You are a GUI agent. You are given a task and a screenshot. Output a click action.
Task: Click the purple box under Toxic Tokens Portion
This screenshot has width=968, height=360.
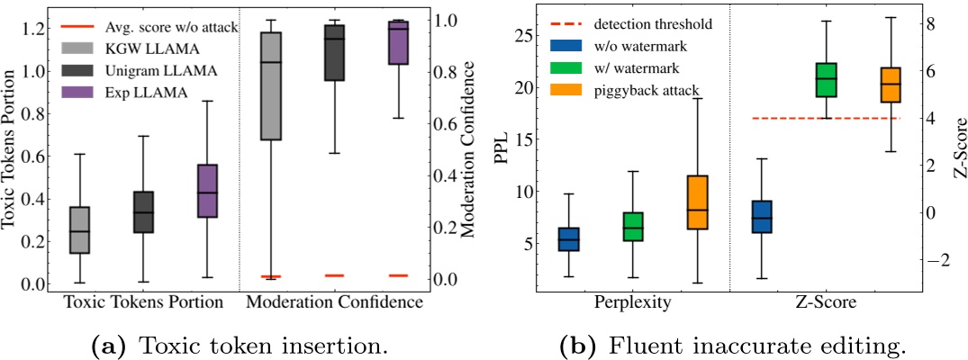click(207, 191)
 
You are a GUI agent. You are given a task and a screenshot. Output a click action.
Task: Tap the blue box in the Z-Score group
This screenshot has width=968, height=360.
click(762, 217)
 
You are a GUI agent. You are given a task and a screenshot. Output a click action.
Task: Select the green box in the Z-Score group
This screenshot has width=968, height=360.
click(826, 79)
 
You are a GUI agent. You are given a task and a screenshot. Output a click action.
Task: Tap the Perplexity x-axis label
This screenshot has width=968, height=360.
click(631, 303)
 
